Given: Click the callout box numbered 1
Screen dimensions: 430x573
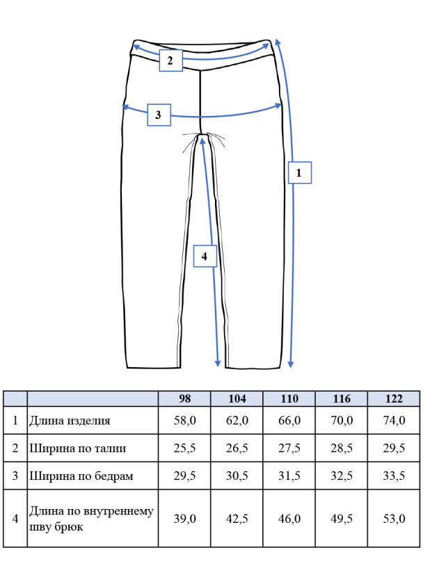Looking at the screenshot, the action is pos(299,172).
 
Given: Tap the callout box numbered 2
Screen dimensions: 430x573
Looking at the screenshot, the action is pos(170,60).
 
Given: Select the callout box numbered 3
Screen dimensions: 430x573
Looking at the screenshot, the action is pos(159,115).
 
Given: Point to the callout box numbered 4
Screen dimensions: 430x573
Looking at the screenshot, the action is pos(205,256).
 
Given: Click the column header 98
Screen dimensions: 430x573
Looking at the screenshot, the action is pos(184,398).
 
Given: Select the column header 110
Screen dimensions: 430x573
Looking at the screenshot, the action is pos(289,398).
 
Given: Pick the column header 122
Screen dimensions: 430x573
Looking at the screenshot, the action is pos(394,398).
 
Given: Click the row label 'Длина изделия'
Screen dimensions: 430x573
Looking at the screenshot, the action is pos(70,421).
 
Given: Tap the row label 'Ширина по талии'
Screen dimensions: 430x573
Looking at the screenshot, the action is pos(77,448).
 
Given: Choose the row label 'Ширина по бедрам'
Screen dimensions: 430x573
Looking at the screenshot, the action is pos(81,476).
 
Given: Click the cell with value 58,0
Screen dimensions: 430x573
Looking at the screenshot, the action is pos(184,421).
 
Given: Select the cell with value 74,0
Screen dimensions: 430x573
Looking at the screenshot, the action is pos(394,421).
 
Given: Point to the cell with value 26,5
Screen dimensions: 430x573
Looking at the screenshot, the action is pos(237,448).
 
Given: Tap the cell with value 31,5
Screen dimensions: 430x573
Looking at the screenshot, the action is pos(289,476).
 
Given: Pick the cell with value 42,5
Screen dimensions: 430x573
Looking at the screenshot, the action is pos(237,519).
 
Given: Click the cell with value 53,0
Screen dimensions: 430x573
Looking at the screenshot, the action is pos(394,519).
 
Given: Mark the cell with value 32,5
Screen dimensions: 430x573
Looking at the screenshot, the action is pos(342,476).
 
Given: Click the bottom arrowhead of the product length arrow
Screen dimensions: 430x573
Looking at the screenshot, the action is pos(291,364).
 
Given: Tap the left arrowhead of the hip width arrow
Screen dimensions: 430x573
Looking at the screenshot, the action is pos(125,106).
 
